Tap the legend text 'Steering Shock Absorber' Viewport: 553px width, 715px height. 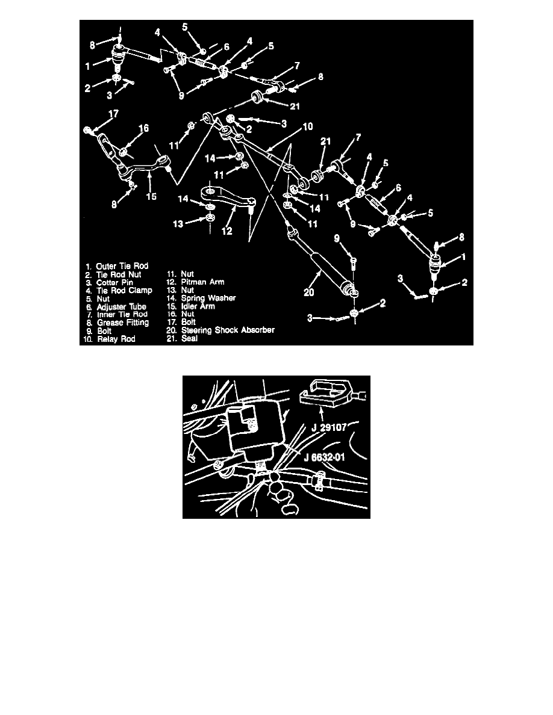pyautogui.click(x=223, y=330)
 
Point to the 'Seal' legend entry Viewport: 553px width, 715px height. pyautogui.click(x=190, y=338)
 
